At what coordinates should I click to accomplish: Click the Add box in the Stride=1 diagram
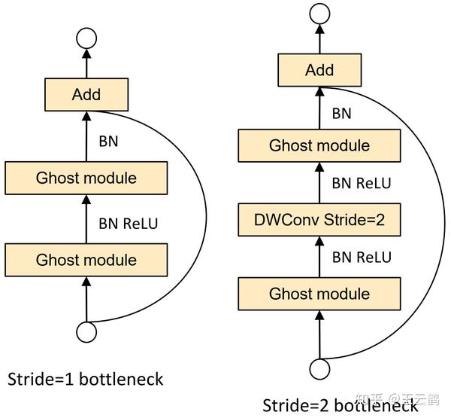coord(86,95)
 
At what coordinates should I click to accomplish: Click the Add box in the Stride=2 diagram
coord(319,71)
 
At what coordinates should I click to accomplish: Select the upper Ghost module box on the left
coord(86,178)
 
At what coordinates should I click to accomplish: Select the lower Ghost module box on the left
coord(86,260)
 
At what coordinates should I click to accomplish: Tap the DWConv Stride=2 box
coord(319,220)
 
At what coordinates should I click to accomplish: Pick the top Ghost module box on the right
coord(319,145)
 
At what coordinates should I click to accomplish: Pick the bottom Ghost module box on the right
coord(319,294)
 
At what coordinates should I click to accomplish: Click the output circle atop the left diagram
coord(86,40)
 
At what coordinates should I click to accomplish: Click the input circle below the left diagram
coord(86,331)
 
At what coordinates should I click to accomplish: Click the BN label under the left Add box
coord(109,140)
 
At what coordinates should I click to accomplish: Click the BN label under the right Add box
coord(342,114)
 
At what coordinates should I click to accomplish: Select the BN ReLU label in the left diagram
coord(129,222)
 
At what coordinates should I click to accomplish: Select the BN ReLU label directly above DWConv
coord(362,183)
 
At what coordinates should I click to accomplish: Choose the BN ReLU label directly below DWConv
coord(362,258)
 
